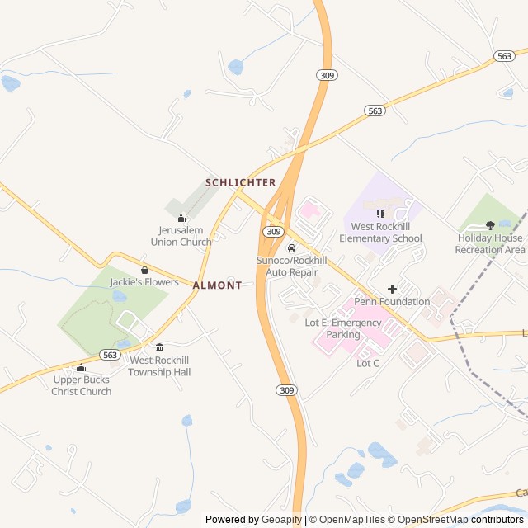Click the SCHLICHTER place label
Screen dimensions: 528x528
[x=240, y=182]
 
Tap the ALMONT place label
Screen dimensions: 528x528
[x=218, y=285]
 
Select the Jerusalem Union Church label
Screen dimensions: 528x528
[x=181, y=236]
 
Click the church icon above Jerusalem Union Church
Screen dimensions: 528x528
[x=181, y=218]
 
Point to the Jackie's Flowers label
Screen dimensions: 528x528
[x=144, y=282]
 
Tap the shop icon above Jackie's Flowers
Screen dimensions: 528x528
[x=145, y=269]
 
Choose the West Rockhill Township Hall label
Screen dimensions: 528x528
[x=159, y=366]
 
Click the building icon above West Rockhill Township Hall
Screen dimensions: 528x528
[x=159, y=348]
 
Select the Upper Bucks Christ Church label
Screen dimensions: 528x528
[x=82, y=385]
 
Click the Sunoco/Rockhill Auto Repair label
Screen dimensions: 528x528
[x=291, y=265]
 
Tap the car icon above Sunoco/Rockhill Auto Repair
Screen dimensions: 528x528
[x=291, y=247]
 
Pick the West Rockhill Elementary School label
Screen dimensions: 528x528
[x=380, y=233]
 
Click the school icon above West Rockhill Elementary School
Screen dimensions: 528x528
[x=380, y=214]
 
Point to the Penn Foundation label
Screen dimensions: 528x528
[x=392, y=302]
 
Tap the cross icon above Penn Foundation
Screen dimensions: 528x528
[x=392, y=289]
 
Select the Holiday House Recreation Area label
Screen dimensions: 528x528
[x=490, y=243]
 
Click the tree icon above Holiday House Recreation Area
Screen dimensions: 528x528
[x=490, y=225]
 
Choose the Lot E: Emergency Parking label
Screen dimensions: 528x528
[x=343, y=328]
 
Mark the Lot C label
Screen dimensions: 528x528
[x=368, y=363]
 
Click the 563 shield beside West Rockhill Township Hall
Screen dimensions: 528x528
[x=111, y=354]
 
